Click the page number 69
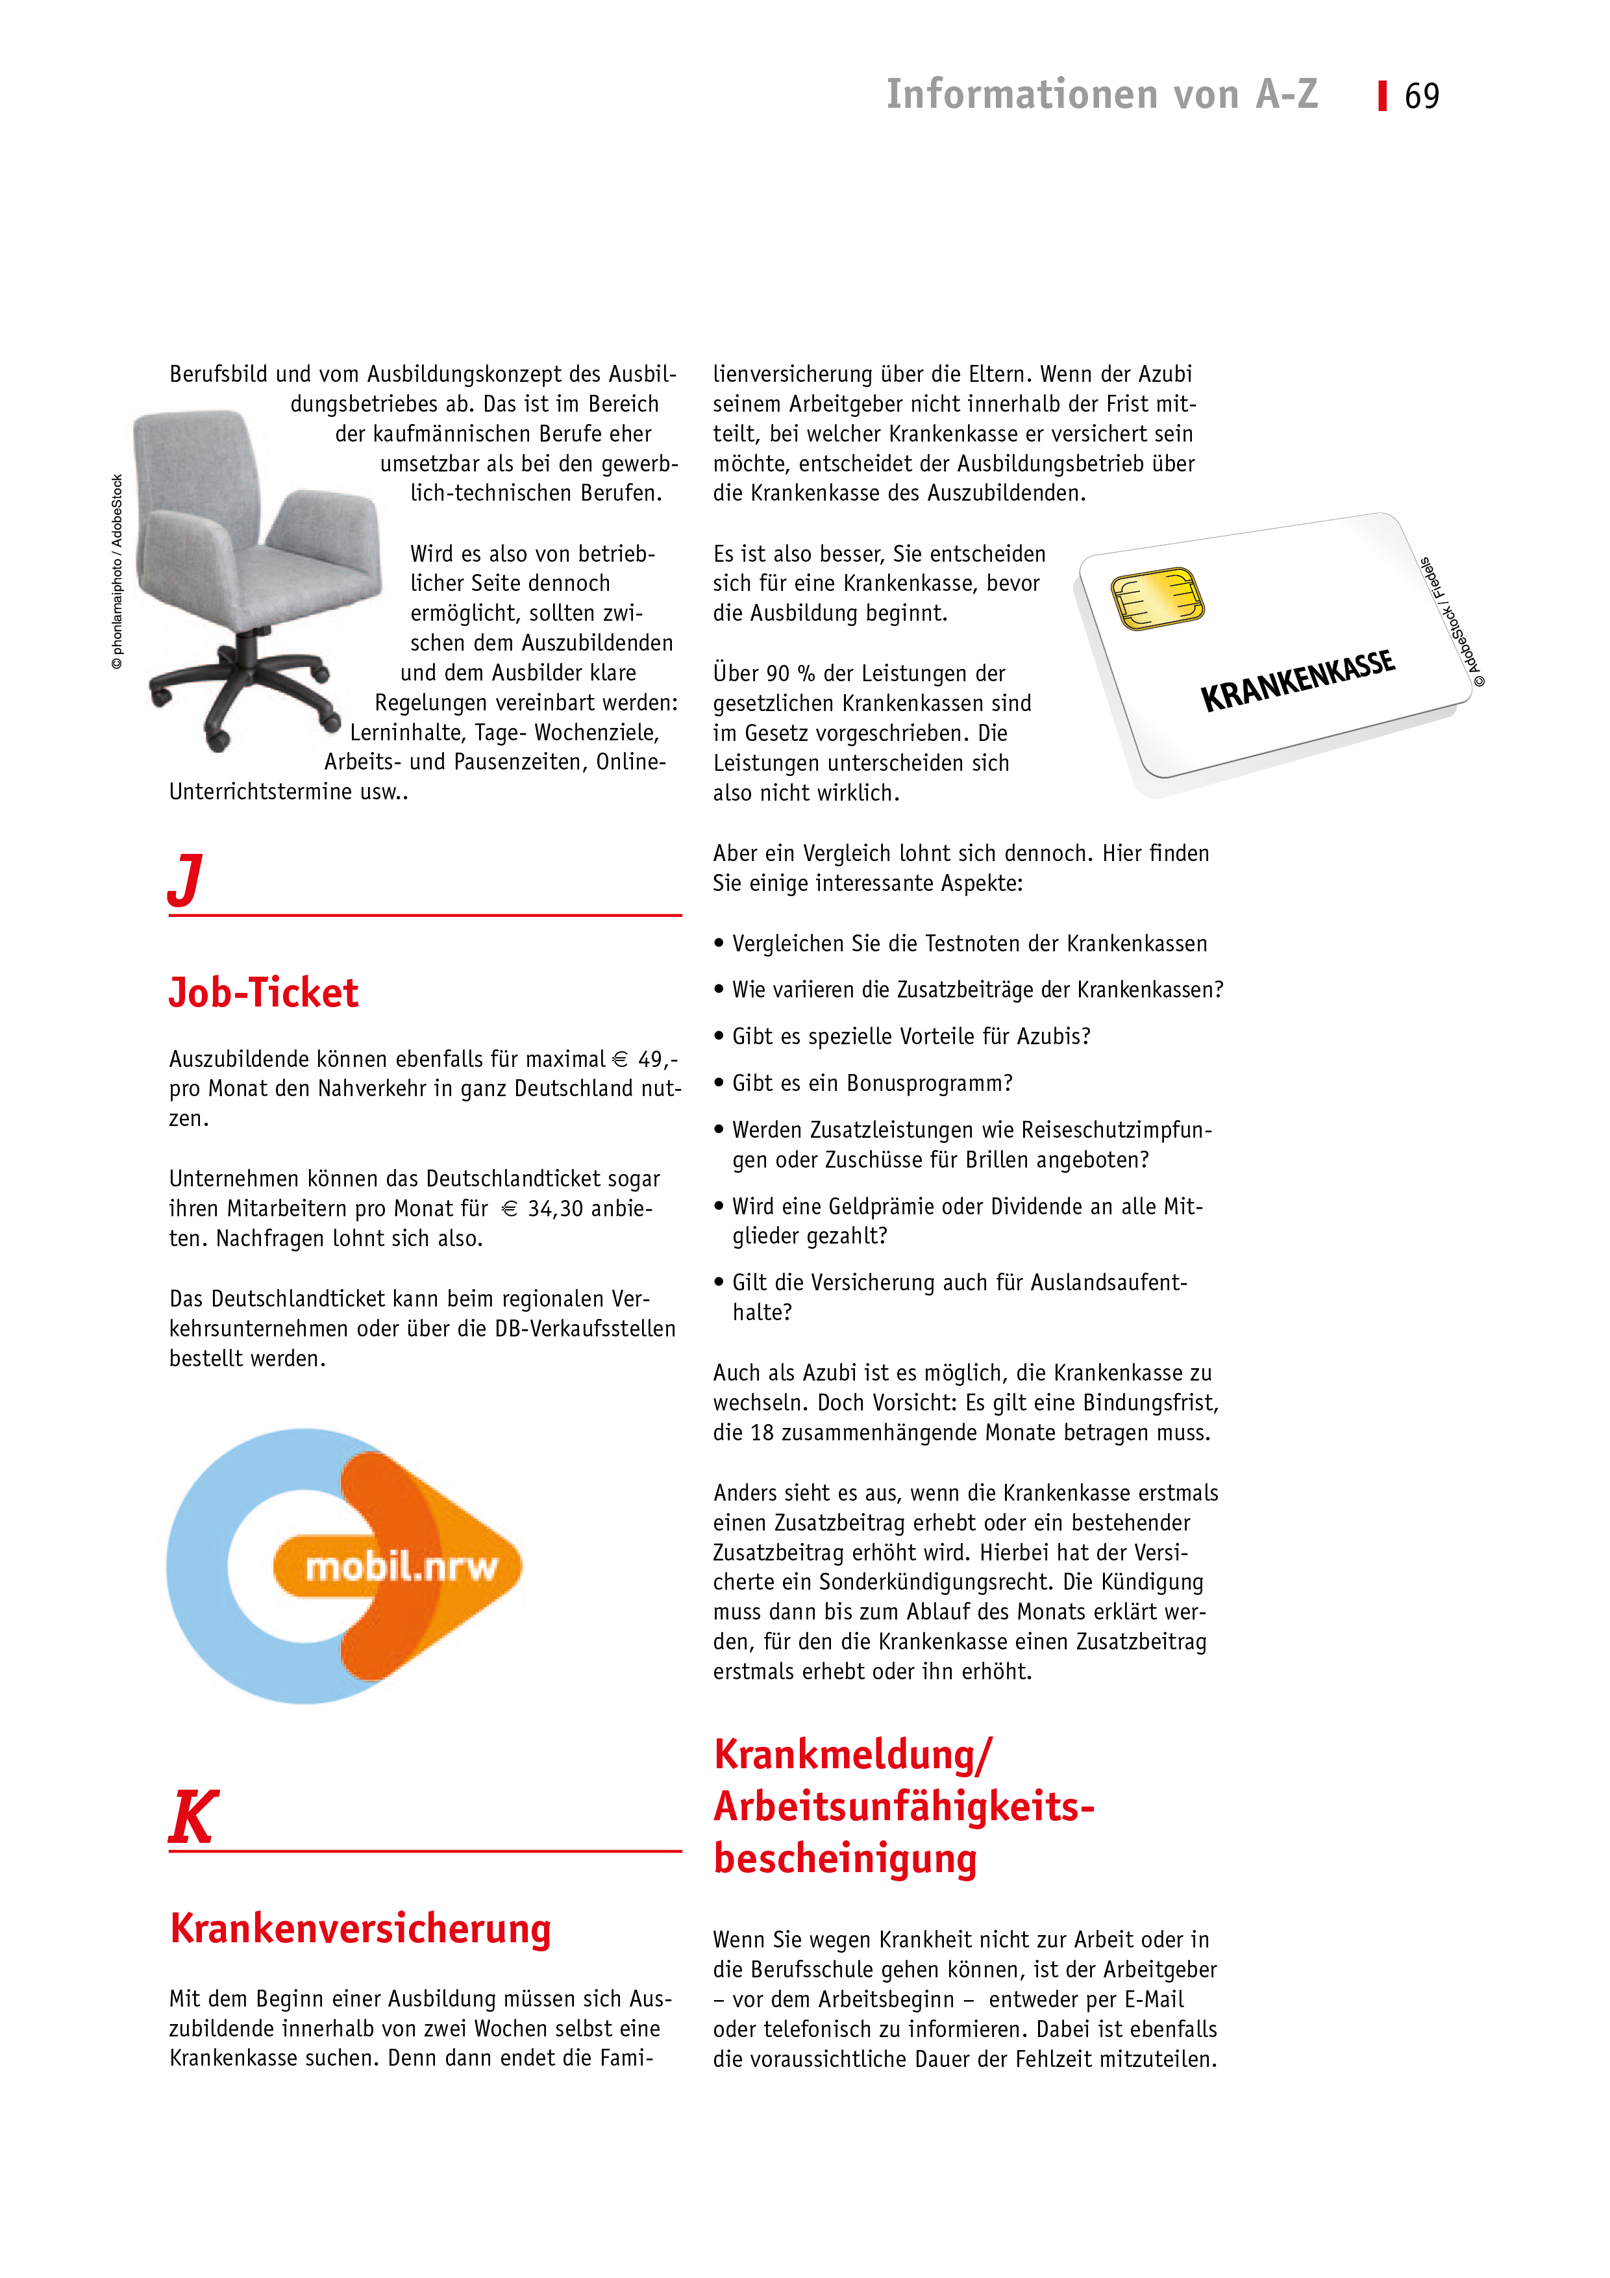click(1422, 96)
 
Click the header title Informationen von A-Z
click(1101, 94)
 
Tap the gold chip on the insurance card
click(1157, 598)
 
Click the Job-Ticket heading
click(263, 992)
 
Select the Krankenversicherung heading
click(360, 1928)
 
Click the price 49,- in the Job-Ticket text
click(657, 1060)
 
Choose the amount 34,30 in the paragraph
click(556, 1208)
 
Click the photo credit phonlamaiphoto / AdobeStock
click(117, 571)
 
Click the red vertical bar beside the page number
click(1382, 96)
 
